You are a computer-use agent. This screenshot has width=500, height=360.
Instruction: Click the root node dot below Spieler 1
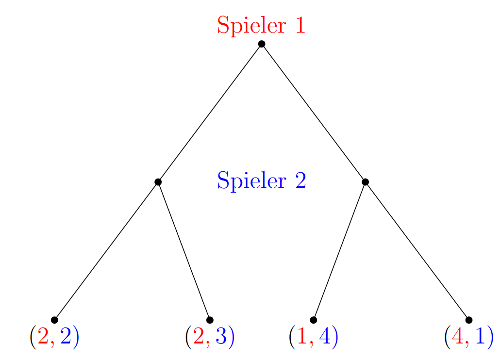262,44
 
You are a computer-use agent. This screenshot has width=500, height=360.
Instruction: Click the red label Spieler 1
261,25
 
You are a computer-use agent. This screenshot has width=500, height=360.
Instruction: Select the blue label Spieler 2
261,180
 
